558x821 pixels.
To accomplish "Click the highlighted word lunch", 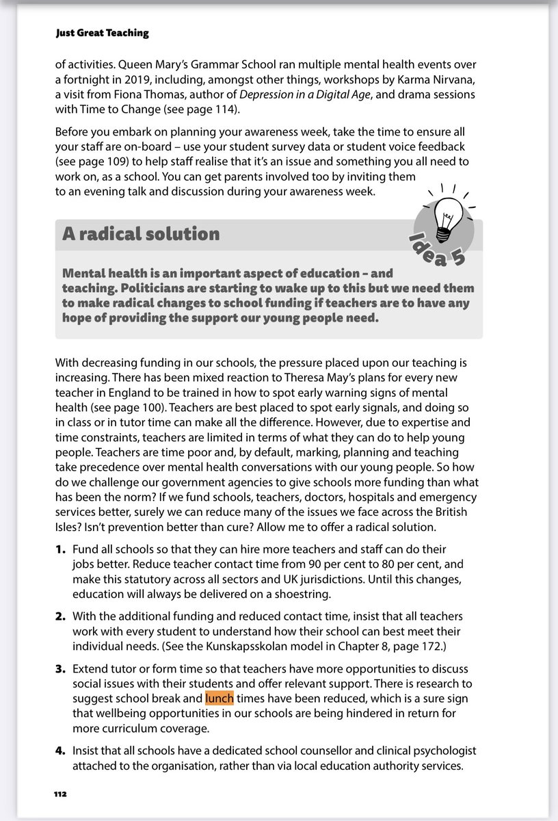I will [220, 698].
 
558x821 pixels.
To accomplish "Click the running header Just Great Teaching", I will [101, 32].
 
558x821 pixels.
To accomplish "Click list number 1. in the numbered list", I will [62, 549].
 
